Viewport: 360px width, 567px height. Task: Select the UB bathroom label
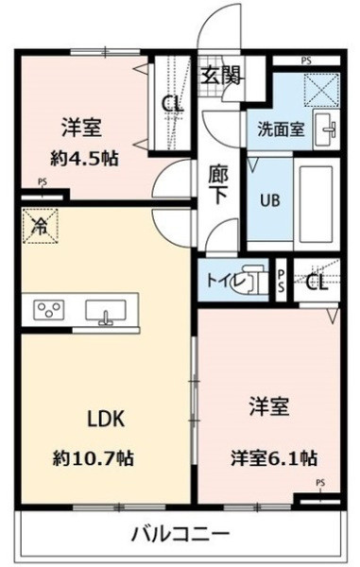pos(263,198)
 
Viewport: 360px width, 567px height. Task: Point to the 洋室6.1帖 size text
pos(274,459)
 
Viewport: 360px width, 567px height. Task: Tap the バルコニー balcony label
pos(180,533)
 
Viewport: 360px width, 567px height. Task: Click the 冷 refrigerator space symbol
pos(39,226)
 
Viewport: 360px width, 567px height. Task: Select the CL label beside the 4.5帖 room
pos(171,103)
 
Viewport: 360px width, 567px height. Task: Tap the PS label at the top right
pos(305,60)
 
